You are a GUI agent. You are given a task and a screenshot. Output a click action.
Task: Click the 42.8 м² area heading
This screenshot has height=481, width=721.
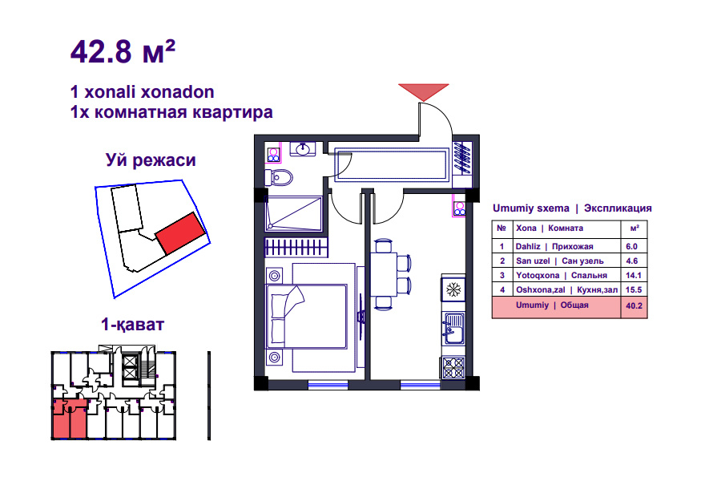point(123,51)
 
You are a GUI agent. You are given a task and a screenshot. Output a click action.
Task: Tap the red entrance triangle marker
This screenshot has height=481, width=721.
point(424,91)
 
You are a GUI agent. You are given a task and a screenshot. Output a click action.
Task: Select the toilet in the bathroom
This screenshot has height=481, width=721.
point(279,177)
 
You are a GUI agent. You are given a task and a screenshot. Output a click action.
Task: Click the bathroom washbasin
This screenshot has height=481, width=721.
point(303,149)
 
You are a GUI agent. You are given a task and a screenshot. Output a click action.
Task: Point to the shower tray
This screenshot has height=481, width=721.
point(294,213)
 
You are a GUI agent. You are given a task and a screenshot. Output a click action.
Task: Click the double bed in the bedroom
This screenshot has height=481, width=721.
point(307,317)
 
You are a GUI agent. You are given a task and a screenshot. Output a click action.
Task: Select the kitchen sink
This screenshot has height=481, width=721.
point(453,327)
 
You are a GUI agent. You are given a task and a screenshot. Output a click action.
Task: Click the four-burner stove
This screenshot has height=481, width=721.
point(453,368)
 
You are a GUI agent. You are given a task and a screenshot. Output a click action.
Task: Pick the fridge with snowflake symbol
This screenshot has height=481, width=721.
point(453,290)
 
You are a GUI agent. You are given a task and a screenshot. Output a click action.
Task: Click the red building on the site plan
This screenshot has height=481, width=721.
point(179,233)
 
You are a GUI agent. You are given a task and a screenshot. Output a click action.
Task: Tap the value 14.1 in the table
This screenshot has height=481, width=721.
point(633,275)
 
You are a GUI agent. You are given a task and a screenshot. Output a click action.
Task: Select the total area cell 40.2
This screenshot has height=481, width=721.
point(634,305)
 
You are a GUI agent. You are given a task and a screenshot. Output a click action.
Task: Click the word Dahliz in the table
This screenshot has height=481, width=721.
point(528,246)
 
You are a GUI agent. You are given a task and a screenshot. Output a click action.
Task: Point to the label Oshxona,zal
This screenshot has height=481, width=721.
point(540,290)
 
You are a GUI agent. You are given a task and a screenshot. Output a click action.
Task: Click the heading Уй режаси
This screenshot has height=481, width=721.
point(151,160)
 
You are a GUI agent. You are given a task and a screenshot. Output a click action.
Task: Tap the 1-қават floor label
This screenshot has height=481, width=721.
point(132,325)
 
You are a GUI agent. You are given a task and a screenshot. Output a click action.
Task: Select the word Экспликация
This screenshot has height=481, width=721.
point(618,208)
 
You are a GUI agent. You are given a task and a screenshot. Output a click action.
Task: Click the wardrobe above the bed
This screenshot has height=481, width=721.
point(296,248)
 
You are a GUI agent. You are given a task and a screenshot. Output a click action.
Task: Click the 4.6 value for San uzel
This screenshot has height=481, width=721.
point(632,261)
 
